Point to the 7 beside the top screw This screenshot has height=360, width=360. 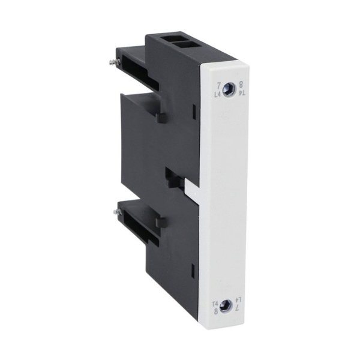(x=218, y=84)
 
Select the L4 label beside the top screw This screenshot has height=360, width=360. (x=218, y=94)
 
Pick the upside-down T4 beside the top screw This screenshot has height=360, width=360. (x=242, y=94)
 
